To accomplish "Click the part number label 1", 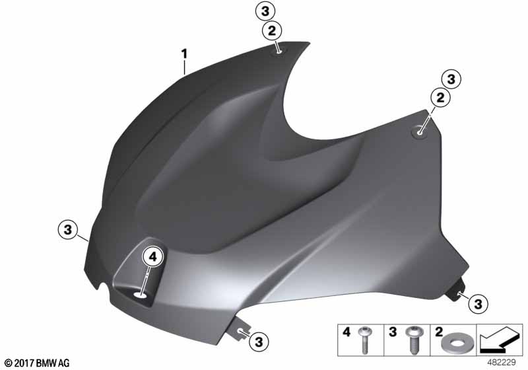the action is (x=184, y=54).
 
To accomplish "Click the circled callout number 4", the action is (x=153, y=258).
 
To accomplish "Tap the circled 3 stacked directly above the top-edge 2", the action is (x=265, y=11).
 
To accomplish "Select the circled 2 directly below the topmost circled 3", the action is (x=271, y=31).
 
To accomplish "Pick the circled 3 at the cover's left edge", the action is (x=68, y=230).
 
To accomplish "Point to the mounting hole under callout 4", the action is (x=141, y=295).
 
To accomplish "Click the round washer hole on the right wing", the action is (x=419, y=132).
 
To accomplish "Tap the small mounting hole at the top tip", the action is (x=279, y=52).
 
